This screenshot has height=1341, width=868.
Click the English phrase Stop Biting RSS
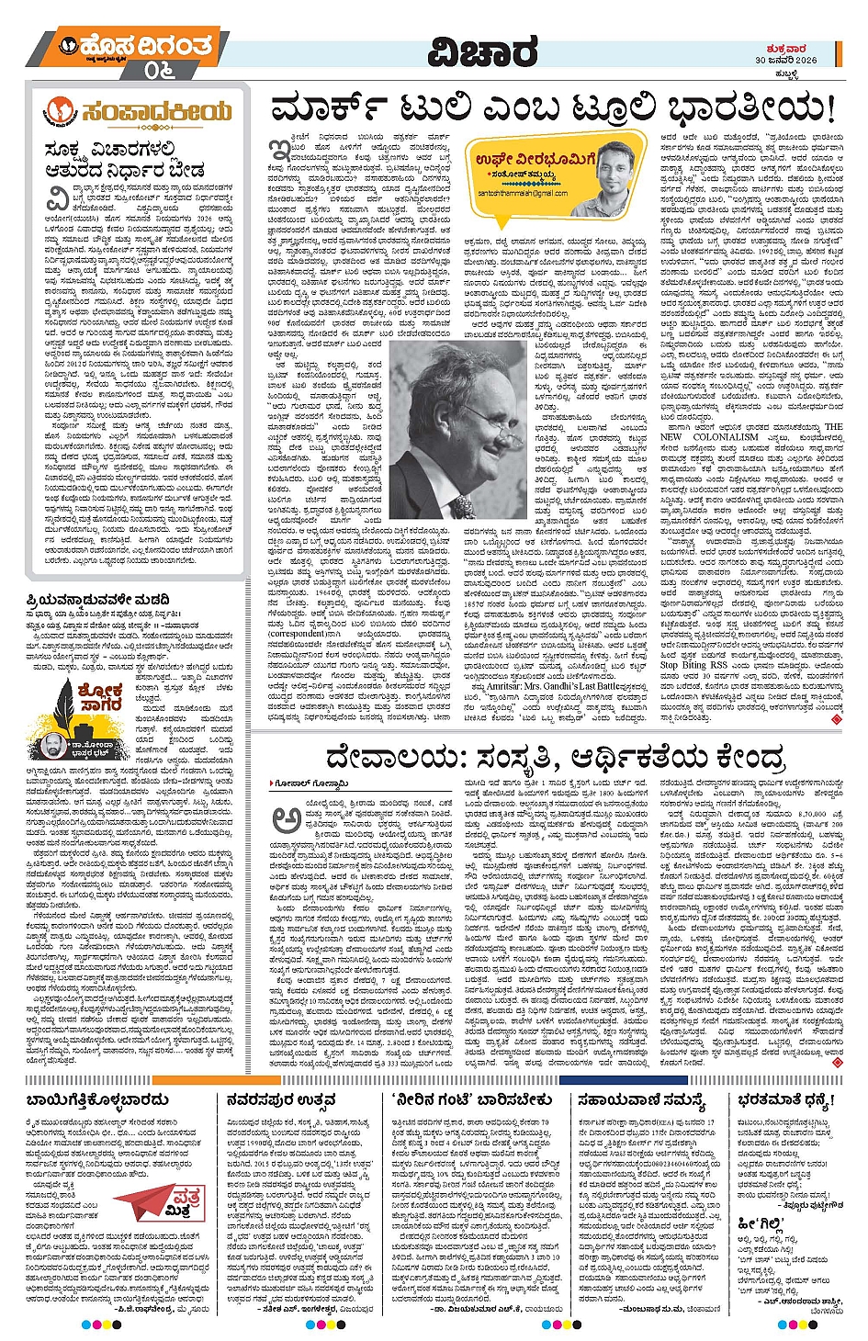coord(693,665)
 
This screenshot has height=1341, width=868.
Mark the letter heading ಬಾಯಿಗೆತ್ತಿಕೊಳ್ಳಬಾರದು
coord(104,1099)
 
